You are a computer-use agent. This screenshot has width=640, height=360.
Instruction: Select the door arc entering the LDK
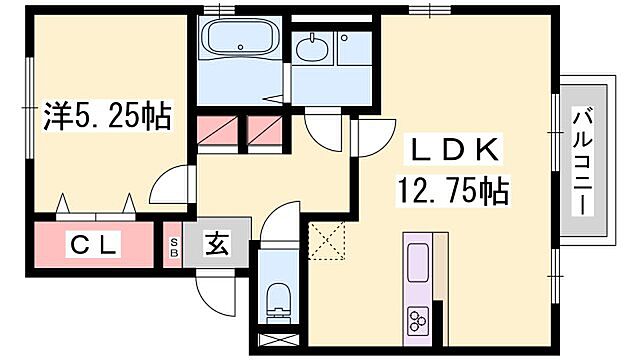(x=365, y=140)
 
